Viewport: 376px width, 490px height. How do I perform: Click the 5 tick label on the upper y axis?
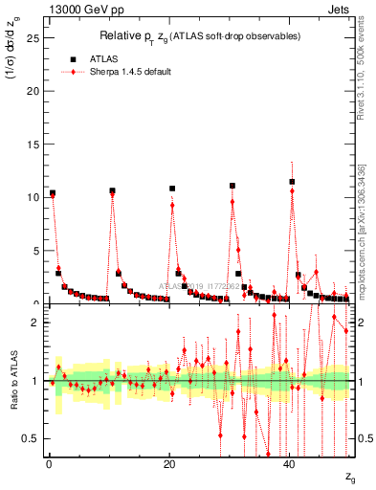(x=35, y=251)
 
